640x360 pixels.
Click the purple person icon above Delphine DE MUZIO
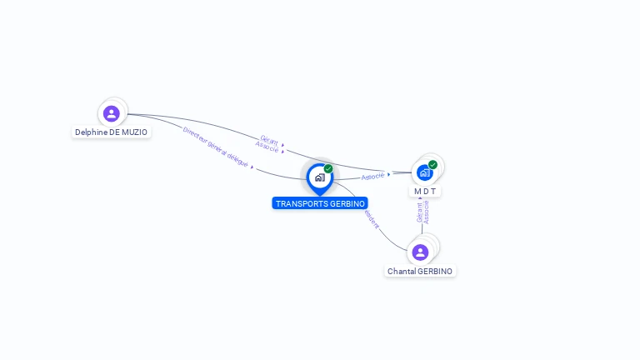click(x=112, y=113)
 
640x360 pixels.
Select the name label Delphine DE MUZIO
click(x=111, y=132)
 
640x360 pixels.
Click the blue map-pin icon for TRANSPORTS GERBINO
click(x=319, y=177)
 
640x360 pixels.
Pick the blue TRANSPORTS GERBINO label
click(x=320, y=203)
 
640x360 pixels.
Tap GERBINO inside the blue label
click(x=346, y=203)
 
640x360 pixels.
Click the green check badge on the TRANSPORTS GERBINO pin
click(x=328, y=168)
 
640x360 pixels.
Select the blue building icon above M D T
click(x=425, y=172)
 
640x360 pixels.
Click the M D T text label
click(x=425, y=192)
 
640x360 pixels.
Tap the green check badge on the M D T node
click(x=432, y=164)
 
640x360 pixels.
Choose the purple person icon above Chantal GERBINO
click(x=420, y=252)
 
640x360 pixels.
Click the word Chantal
click(x=401, y=272)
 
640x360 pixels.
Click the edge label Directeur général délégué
click(x=215, y=147)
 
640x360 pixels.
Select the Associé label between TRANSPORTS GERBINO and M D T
click(x=373, y=176)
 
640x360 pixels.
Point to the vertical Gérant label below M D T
click(x=419, y=212)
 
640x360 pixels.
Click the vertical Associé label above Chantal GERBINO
click(x=427, y=212)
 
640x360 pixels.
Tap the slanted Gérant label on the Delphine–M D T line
click(x=269, y=139)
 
